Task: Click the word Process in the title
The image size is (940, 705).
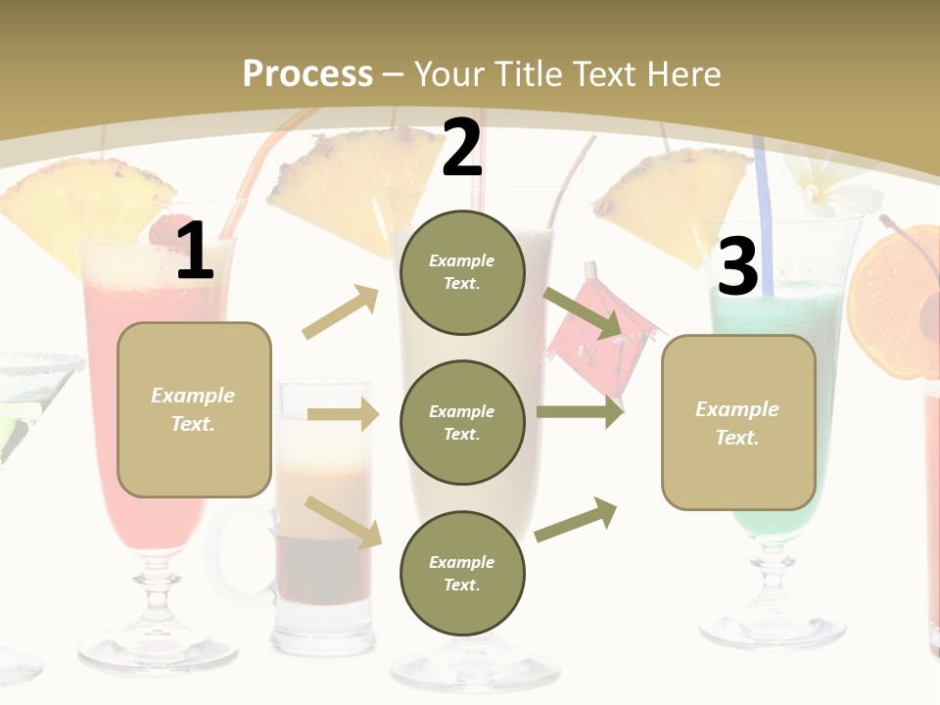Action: pos(307,74)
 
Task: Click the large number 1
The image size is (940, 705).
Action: pos(195,252)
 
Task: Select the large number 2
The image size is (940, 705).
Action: pos(462,148)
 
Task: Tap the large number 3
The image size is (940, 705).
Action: pos(738,267)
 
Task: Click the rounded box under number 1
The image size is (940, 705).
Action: pos(194,409)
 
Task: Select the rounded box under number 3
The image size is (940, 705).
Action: pos(738,423)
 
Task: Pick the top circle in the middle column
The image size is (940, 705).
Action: pos(461,272)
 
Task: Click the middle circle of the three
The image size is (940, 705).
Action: pos(461,423)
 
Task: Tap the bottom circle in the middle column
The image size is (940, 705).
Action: pos(461,574)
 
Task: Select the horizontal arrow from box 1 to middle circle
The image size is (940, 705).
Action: pos(343,414)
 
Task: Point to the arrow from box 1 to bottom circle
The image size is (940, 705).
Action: pos(343,521)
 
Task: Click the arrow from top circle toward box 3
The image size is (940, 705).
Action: pos(584,313)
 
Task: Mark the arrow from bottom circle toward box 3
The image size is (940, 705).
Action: pos(577,520)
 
